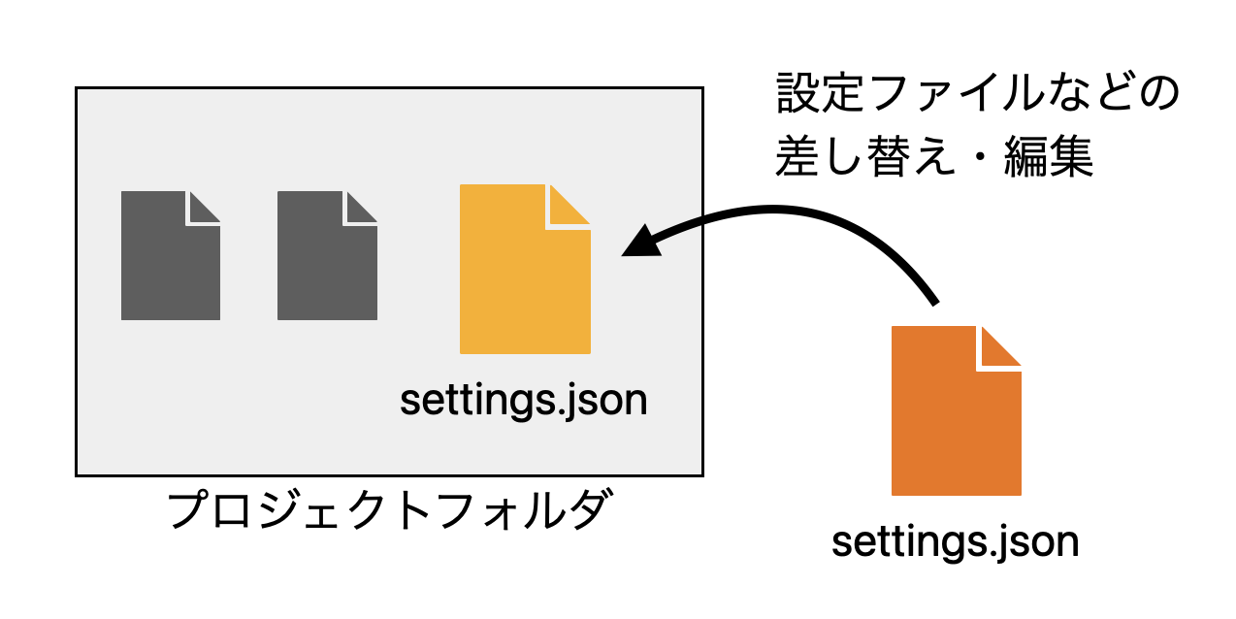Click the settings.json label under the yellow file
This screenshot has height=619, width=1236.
point(523,400)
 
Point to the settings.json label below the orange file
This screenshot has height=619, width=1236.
point(956,541)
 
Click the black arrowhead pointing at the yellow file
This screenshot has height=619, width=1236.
point(640,241)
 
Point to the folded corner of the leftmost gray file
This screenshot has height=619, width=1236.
point(204,208)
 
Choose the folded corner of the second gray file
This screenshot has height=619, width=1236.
point(361,208)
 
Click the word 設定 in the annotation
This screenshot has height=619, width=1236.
point(813,94)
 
